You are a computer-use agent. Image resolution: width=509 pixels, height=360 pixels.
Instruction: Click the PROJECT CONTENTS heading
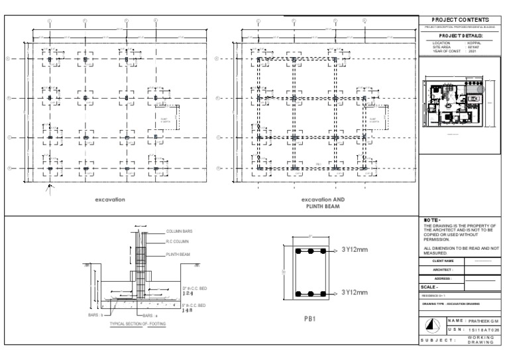point(460,20)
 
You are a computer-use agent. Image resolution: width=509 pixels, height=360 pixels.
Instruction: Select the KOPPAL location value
point(475,42)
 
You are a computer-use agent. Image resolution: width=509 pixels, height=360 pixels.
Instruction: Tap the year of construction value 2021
point(472,50)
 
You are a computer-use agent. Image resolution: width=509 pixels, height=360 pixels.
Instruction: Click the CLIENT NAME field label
point(442,261)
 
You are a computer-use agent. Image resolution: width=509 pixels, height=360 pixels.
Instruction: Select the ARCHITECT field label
point(442,270)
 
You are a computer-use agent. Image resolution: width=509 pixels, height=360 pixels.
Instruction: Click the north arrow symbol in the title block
point(432,325)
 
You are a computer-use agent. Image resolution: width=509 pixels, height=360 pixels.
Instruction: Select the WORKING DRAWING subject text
point(481,339)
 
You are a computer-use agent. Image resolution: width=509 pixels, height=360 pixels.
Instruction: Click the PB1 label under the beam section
point(310,319)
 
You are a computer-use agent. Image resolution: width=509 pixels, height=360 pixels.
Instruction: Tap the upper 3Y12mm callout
point(354,250)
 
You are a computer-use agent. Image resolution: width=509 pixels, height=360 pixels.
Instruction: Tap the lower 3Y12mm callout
point(354,292)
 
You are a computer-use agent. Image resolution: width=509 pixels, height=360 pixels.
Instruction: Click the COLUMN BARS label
point(179,231)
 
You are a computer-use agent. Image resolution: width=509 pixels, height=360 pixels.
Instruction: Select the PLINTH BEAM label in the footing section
point(178,254)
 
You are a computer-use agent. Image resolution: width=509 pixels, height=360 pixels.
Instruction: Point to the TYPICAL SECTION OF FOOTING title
point(137,324)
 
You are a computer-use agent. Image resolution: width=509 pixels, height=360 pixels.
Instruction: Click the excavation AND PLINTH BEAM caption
point(323,202)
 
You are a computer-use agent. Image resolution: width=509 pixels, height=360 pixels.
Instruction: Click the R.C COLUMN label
point(177,242)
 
